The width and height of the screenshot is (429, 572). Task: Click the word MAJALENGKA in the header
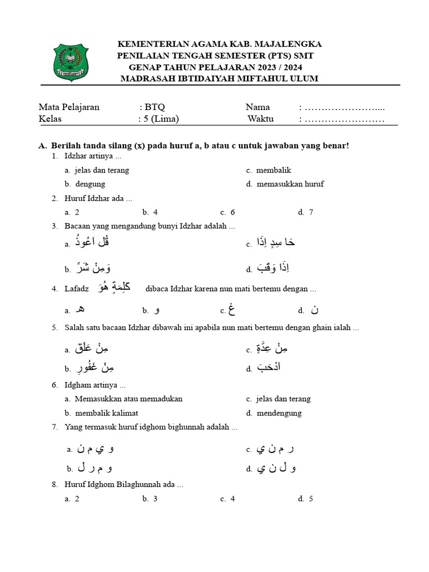(x=285, y=44)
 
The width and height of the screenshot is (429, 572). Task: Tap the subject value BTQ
(x=155, y=107)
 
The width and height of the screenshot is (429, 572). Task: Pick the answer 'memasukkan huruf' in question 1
(x=290, y=184)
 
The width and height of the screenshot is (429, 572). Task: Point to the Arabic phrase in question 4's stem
(x=115, y=287)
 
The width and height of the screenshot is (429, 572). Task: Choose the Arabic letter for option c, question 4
(x=230, y=309)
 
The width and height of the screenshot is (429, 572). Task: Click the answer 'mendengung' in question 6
(x=279, y=413)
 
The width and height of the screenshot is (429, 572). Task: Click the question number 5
(x=54, y=328)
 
